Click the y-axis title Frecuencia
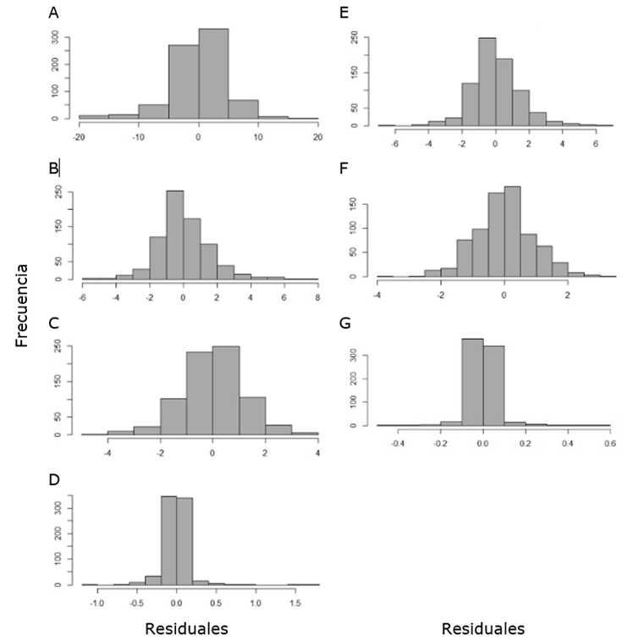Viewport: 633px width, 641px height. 24,305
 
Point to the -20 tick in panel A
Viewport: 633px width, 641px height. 79,137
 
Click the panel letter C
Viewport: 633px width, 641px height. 54,322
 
